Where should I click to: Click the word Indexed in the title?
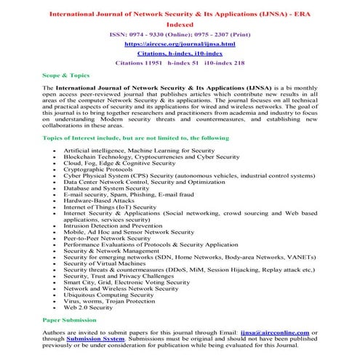179,23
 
